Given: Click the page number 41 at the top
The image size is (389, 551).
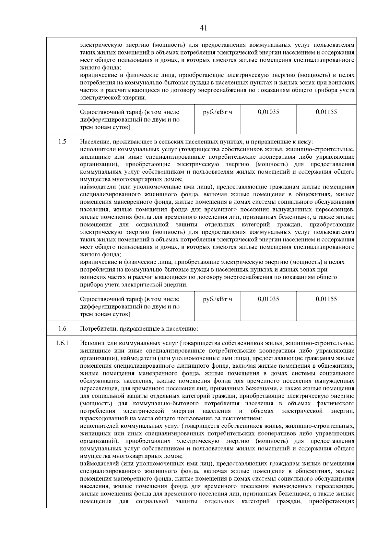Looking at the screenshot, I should click(203, 28).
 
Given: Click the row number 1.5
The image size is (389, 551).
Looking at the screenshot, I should click(62, 141).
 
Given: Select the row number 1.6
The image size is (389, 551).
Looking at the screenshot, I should click(62, 329).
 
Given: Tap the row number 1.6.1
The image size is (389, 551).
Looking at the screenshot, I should click(62, 343).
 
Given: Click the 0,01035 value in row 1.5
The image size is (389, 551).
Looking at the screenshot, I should click(268, 299).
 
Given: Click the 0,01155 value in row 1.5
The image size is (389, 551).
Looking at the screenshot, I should click(326, 299).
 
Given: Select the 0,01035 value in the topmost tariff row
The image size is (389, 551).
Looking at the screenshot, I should click(268, 112).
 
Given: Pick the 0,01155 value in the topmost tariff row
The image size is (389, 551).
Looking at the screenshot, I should click(326, 112).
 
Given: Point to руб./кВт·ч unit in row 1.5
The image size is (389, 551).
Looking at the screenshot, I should click(218, 299).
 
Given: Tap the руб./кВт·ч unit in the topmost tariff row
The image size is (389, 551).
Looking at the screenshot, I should click(218, 112).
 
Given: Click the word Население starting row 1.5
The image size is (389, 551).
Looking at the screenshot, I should click(94, 142).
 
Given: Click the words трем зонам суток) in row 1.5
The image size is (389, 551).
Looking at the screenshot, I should click(105, 314).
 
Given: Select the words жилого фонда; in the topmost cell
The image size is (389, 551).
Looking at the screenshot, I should click(100, 67).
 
